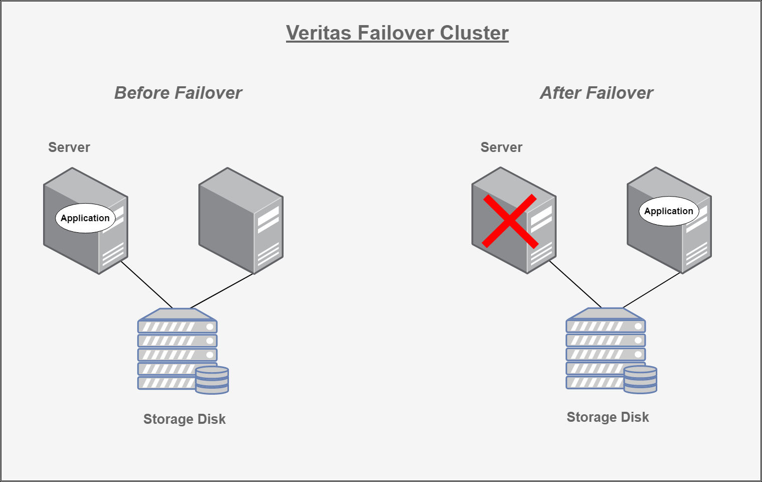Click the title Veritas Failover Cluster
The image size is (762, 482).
397,33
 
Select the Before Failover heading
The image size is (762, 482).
178,93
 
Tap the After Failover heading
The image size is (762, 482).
596,93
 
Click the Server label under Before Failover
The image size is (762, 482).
69,147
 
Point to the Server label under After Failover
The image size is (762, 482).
501,147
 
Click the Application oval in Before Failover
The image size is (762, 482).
85,218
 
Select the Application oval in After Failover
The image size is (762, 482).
668,211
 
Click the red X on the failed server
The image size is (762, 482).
510,221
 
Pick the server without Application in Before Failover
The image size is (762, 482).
241,221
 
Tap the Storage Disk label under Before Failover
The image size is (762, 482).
184,419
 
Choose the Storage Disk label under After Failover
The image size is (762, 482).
607,417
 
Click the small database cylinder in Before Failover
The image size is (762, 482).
212,380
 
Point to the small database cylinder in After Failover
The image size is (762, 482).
640,379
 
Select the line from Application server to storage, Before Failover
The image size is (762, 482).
147,284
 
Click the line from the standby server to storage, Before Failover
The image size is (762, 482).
222,291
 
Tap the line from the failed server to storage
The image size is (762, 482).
575,284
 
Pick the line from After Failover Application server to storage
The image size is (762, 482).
651,290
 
